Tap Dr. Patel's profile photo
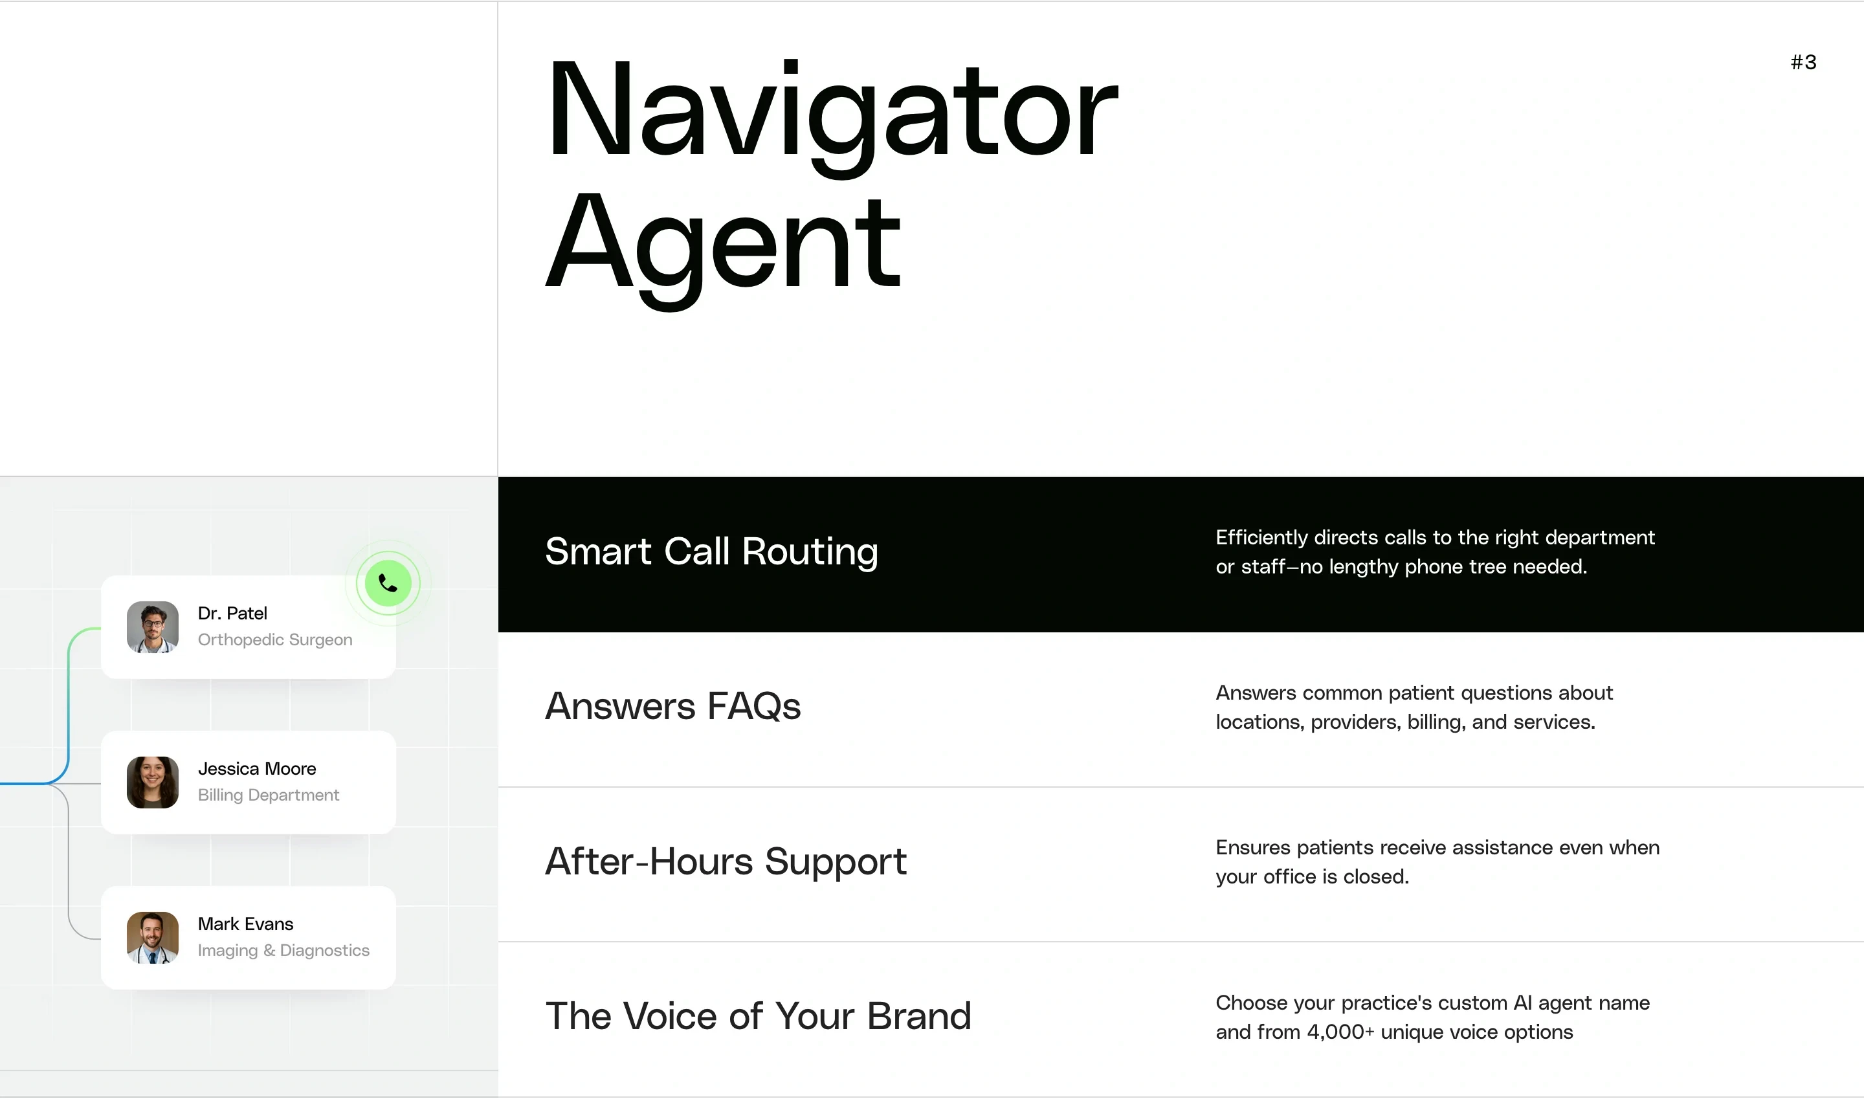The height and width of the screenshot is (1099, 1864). (x=153, y=627)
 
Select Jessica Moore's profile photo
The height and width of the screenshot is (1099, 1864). (x=153, y=782)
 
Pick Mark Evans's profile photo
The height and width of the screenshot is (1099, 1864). (x=153, y=938)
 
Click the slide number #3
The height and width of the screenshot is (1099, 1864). (x=1803, y=62)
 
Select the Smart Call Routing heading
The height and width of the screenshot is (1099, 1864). (x=711, y=551)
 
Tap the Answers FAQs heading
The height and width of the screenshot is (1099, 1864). (x=672, y=707)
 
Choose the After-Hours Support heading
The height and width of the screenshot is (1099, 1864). (x=726, y=862)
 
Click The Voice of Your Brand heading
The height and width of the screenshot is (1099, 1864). (x=758, y=1016)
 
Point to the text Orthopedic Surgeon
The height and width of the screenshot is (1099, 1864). (x=275, y=640)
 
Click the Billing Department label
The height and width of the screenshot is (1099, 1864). (x=268, y=795)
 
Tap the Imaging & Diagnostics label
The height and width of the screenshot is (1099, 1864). (x=283, y=951)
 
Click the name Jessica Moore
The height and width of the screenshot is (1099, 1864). (x=256, y=769)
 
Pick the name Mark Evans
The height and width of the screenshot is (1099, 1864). (x=245, y=924)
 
